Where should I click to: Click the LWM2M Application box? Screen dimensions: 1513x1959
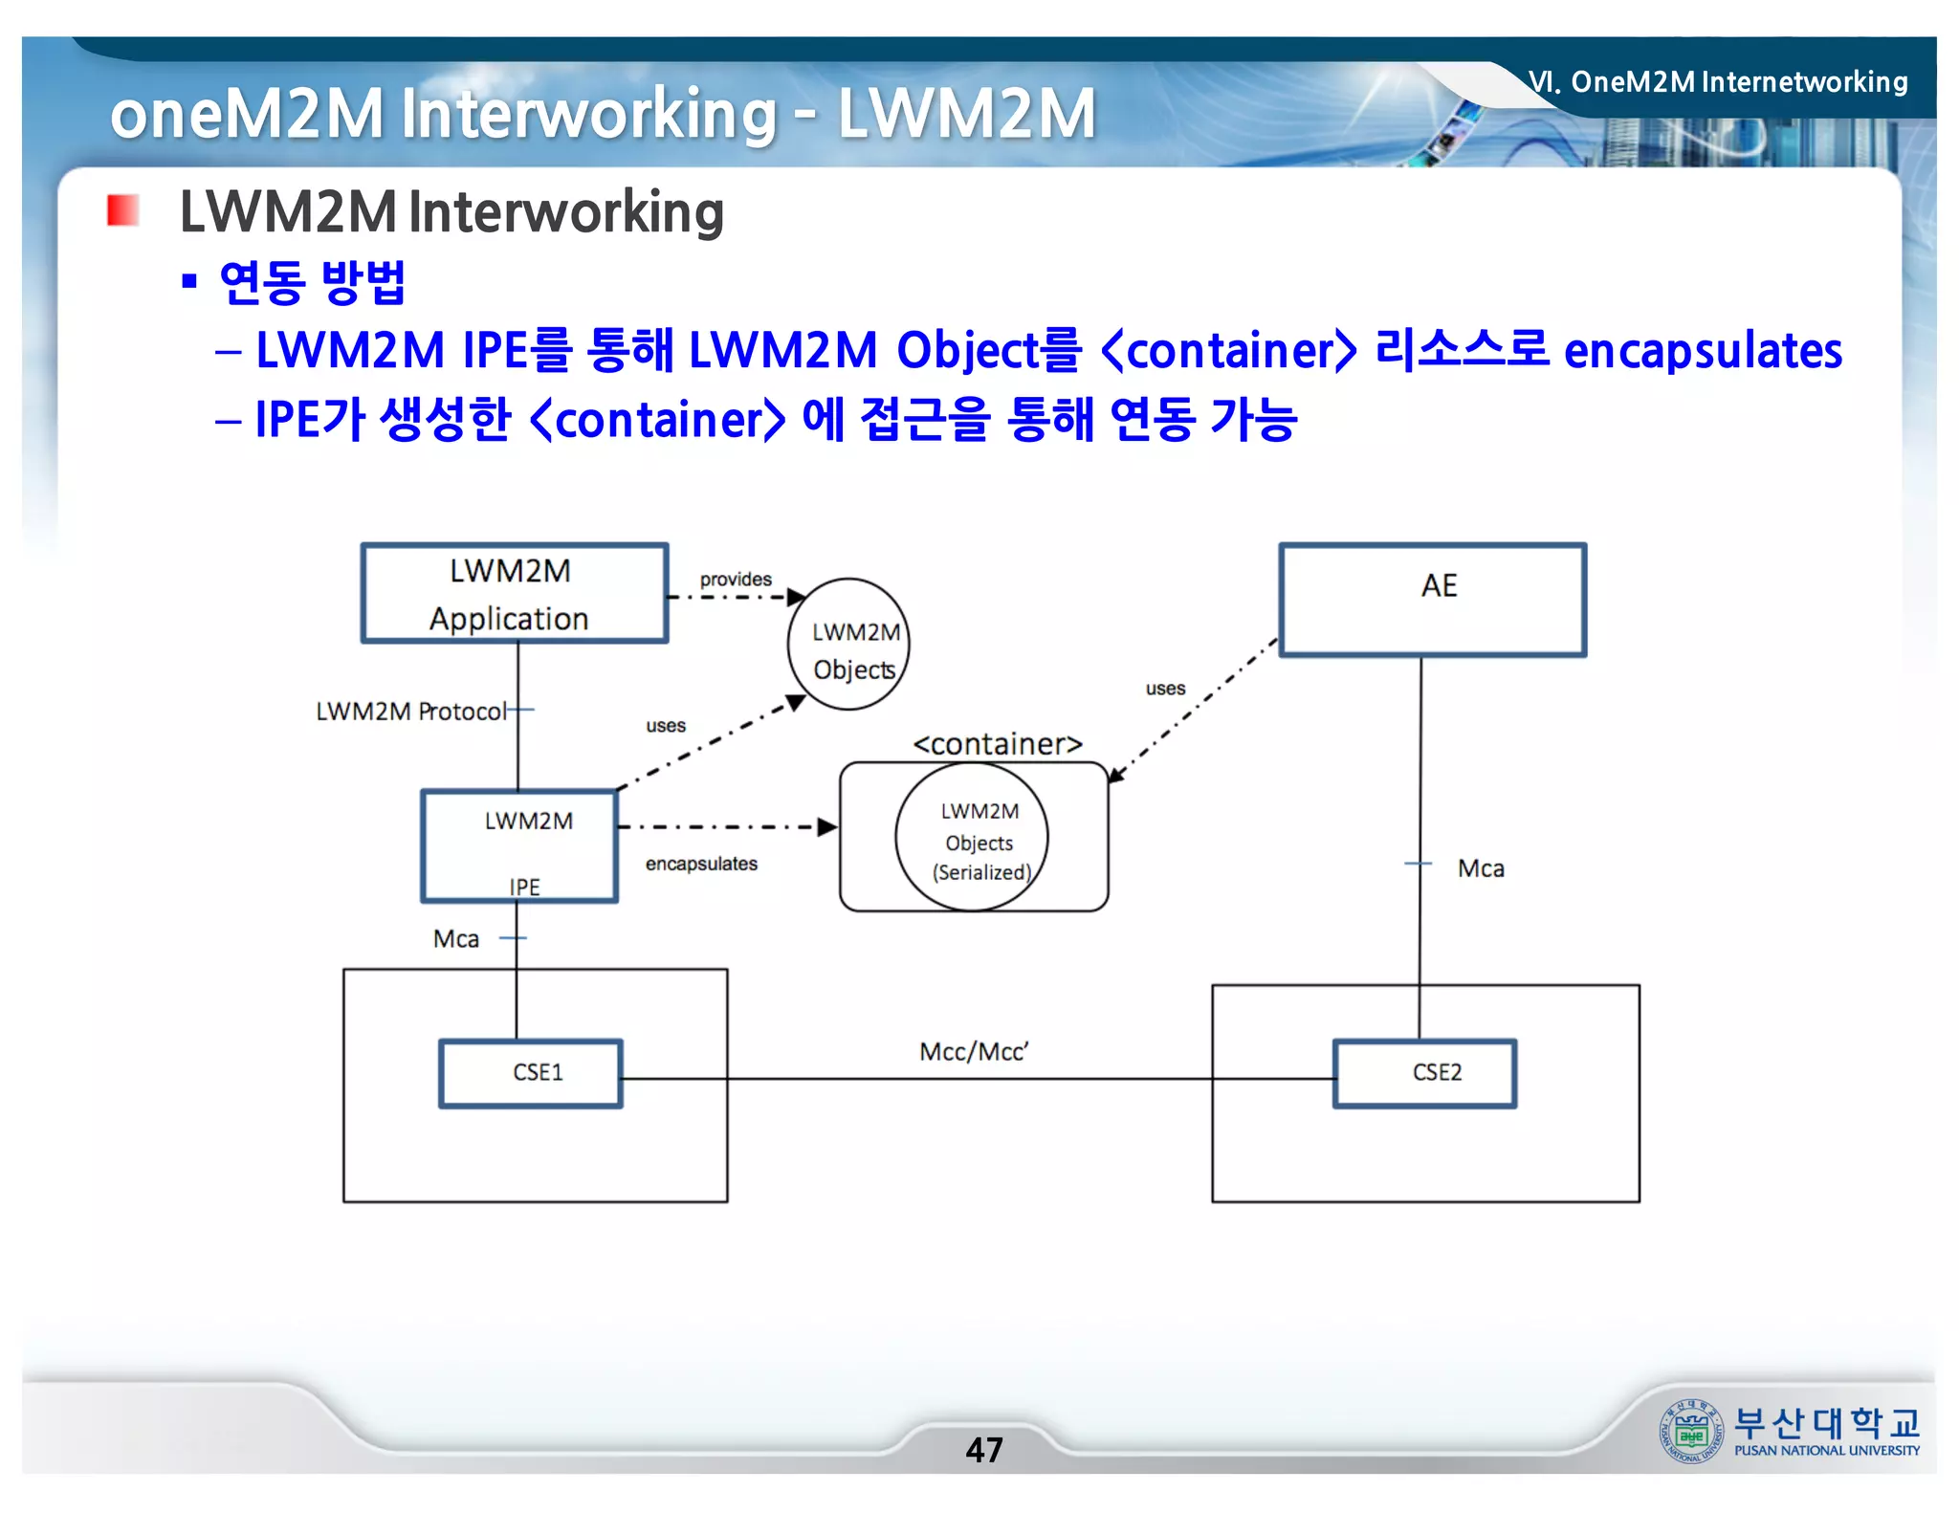point(514,593)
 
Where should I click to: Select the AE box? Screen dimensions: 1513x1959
point(1432,600)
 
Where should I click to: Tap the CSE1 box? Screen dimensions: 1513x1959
point(531,1073)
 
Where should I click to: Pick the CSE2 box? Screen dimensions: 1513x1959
point(1424,1073)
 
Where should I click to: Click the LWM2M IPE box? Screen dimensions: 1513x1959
point(519,845)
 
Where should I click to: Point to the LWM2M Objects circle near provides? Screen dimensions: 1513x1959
point(848,645)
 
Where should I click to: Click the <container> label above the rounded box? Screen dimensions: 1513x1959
point(998,743)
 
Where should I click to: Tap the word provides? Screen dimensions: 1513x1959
point(736,579)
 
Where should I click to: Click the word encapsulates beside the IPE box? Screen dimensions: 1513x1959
point(701,864)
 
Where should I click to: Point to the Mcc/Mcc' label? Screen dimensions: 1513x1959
point(974,1052)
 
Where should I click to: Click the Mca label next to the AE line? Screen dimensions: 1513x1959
point(1481,868)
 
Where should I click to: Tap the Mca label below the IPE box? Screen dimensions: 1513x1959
point(456,939)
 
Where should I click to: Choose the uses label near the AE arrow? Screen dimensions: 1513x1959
point(1165,689)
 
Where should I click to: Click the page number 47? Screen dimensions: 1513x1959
point(984,1450)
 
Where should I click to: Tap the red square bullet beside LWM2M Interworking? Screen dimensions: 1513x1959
point(123,210)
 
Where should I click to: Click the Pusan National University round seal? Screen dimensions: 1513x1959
point(1690,1431)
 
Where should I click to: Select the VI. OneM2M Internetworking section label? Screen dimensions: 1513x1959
point(1718,82)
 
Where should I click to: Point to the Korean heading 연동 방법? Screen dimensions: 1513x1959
point(313,282)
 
